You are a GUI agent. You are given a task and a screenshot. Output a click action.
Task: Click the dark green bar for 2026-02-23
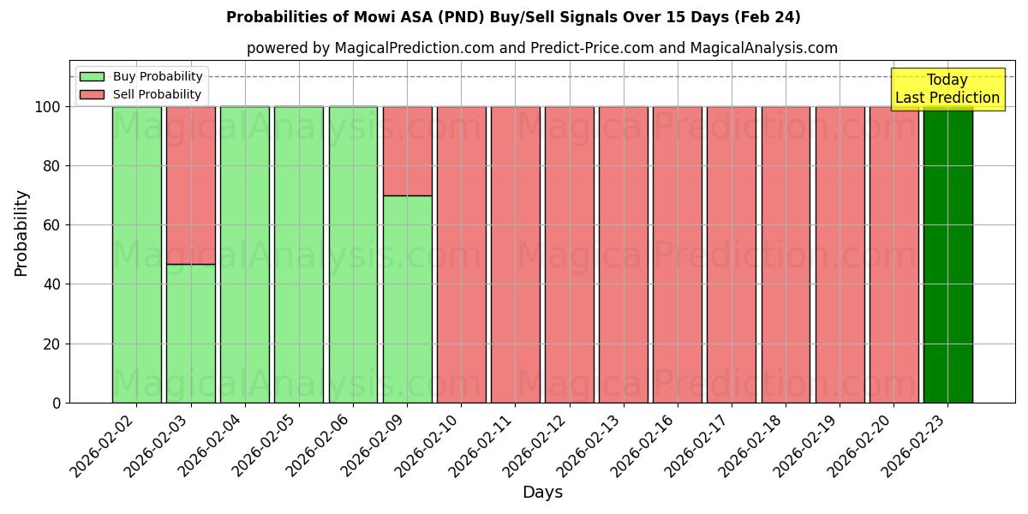947,254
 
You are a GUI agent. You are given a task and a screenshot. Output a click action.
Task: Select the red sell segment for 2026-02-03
190,185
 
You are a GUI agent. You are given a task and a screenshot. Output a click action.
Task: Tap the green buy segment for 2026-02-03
190,333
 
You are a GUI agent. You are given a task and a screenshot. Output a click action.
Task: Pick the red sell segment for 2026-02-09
407,151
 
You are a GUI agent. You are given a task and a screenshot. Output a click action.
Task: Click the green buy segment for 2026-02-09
407,299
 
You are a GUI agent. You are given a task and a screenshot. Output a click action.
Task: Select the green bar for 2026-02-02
136,254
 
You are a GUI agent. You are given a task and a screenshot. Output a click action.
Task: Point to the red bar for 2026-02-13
623,254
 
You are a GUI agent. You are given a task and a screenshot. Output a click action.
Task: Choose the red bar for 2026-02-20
894,254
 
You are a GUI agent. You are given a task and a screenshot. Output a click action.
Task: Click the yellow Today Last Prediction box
947,89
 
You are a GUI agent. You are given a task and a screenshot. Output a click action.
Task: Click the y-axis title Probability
22,232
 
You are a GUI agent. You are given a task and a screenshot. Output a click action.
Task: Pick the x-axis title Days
542,493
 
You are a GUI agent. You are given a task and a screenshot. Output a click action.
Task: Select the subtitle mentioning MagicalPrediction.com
541,48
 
